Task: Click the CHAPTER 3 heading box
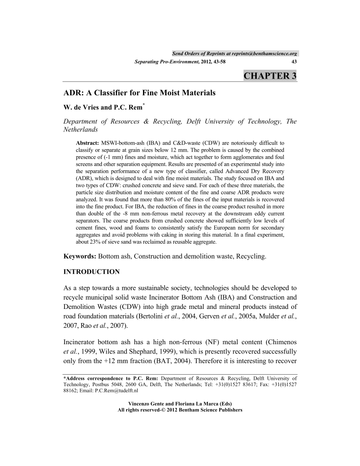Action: click(x=270, y=76)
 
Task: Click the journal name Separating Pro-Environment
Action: click(x=165, y=62)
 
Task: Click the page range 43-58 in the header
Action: click(x=216, y=62)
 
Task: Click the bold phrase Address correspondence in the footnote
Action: click(x=91, y=378)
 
